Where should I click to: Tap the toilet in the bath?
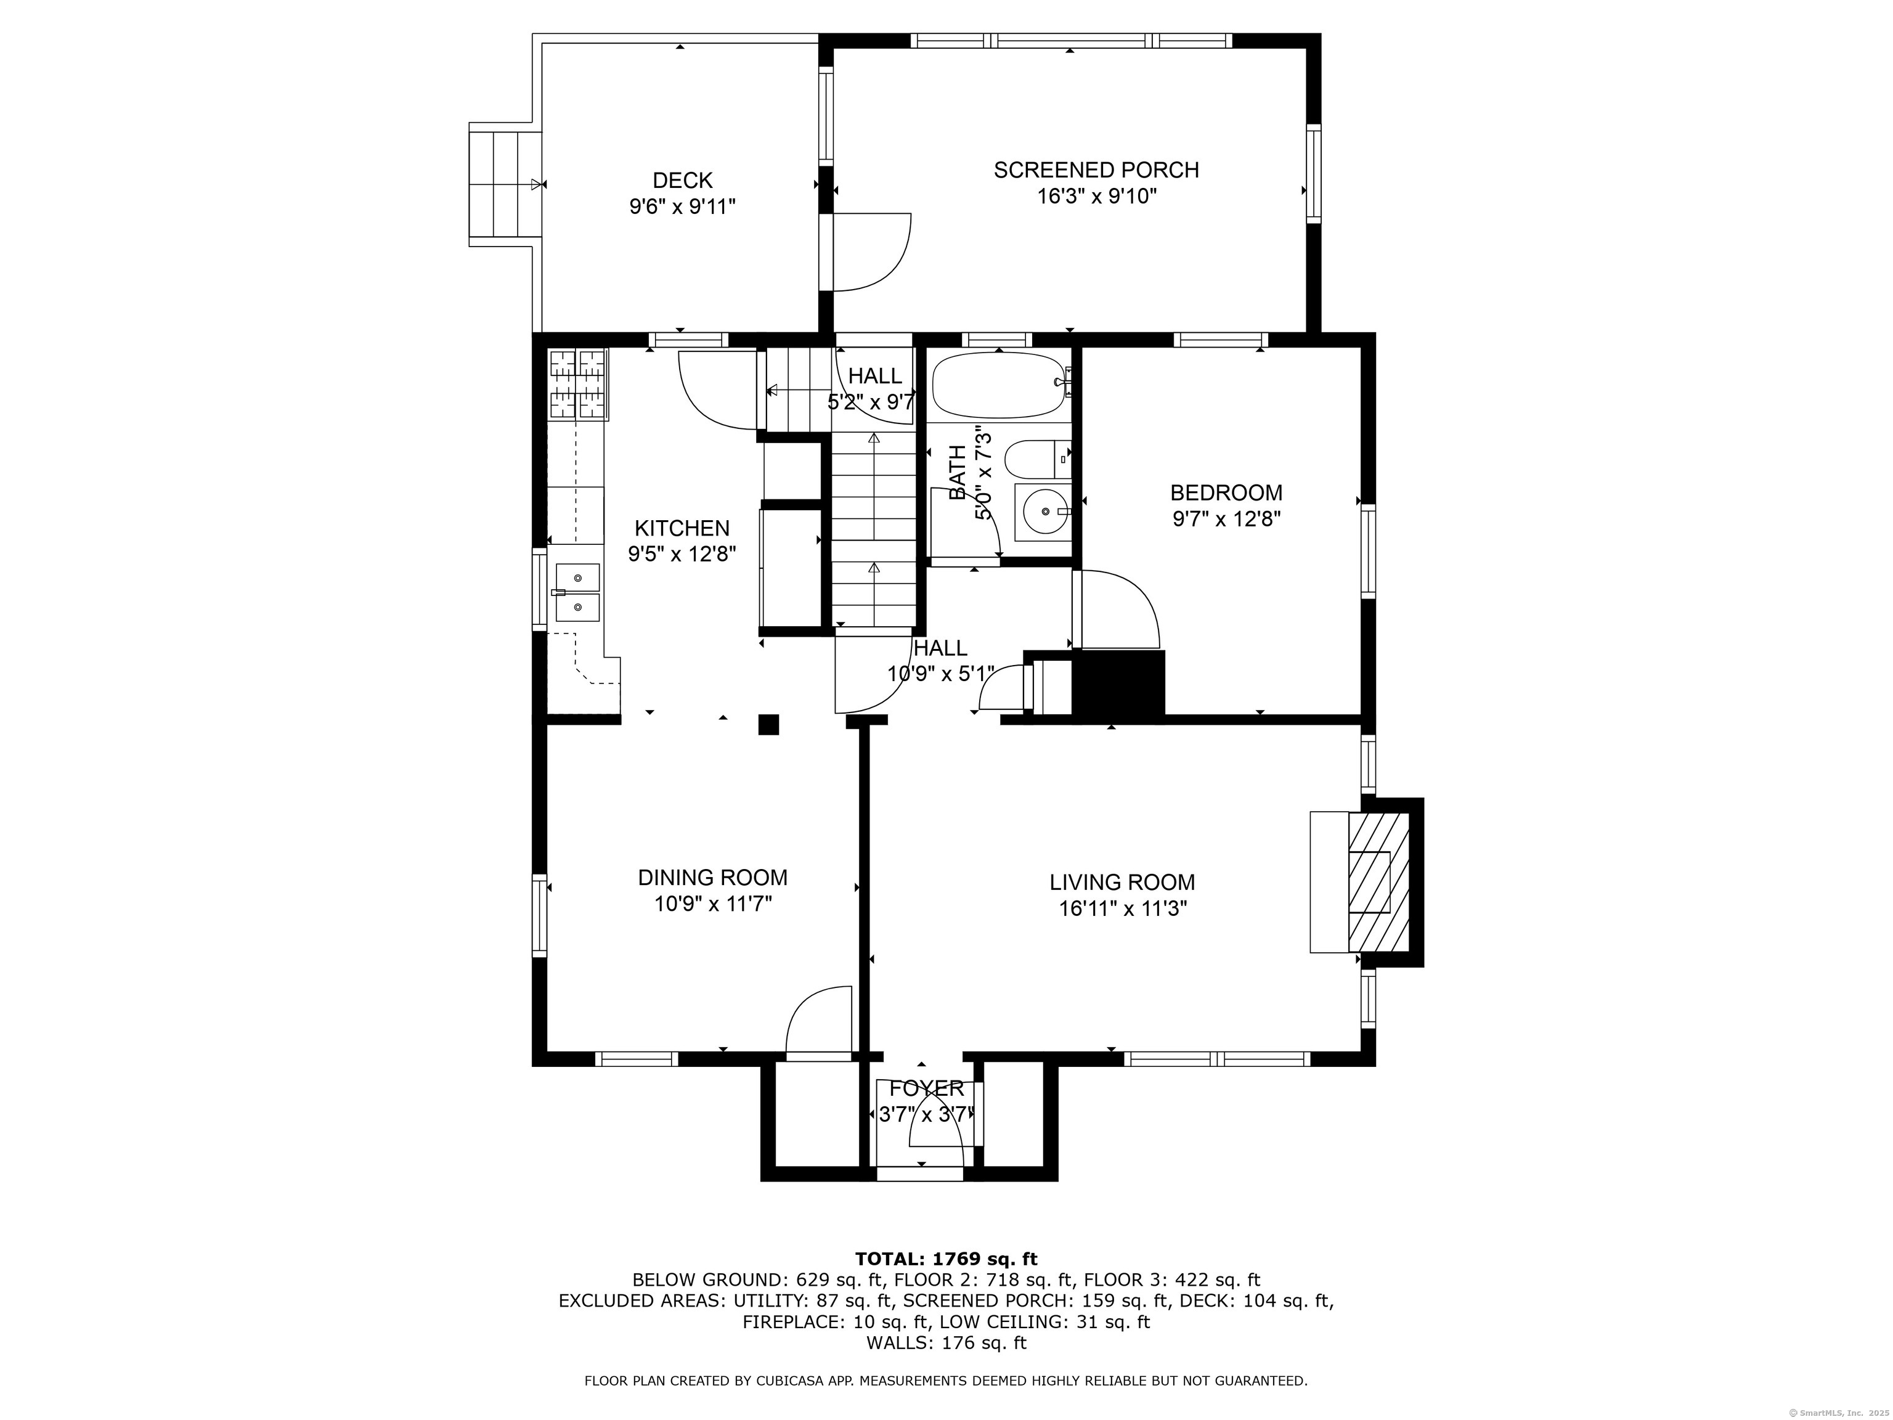pos(1035,460)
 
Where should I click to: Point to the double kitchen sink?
pos(577,592)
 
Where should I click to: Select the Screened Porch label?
pos(1096,170)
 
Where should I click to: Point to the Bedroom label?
pos(1226,493)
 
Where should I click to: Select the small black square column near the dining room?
pos(768,724)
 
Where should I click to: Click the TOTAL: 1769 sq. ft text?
pos(946,1259)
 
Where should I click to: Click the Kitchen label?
pos(682,528)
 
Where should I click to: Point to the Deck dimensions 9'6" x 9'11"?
pos(682,206)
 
